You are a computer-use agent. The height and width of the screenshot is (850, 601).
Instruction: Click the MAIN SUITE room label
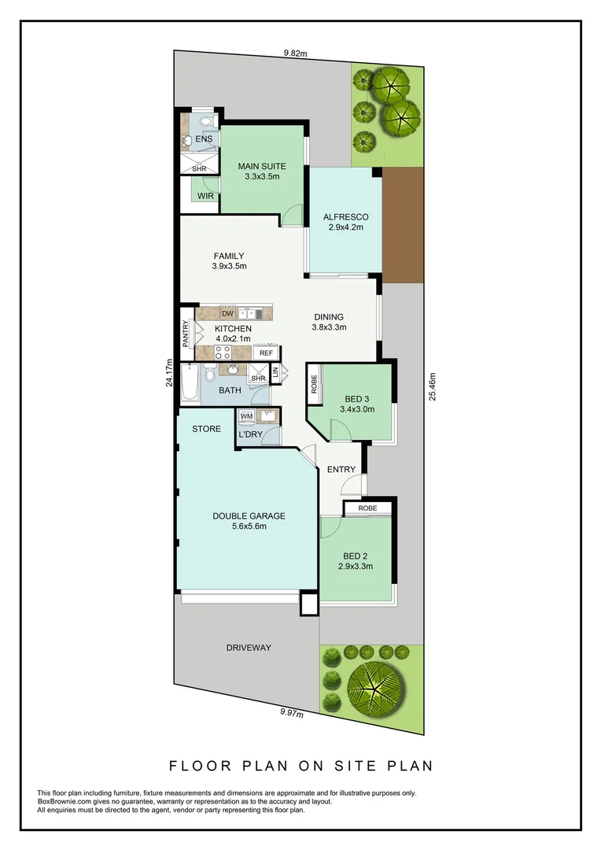click(x=262, y=166)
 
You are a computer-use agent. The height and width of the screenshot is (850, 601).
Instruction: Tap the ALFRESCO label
click(x=346, y=217)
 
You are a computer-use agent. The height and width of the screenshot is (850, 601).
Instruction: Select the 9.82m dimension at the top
click(x=295, y=54)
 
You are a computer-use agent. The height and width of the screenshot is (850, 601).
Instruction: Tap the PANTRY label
click(x=186, y=334)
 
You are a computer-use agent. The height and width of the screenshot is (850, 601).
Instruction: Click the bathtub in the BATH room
click(x=189, y=382)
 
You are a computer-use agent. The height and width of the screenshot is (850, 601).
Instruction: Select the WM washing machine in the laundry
click(x=246, y=416)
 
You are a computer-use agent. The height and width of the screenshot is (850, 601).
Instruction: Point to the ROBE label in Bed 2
click(x=367, y=508)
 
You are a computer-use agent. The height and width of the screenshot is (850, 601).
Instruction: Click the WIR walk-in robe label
click(x=205, y=196)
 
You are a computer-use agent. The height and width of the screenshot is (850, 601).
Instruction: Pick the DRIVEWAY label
click(x=249, y=648)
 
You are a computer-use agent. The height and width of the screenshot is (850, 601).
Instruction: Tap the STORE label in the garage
click(x=207, y=429)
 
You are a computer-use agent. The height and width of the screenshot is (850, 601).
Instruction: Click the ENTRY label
click(x=341, y=470)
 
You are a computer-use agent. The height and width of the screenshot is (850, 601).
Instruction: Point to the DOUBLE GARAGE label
click(x=249, y=516)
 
